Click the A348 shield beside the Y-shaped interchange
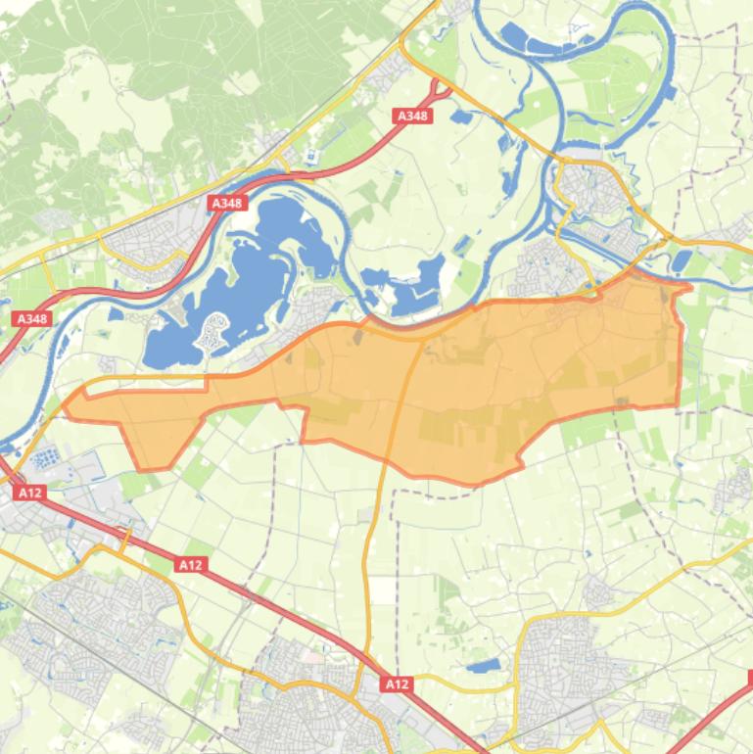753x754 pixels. click(413, 116)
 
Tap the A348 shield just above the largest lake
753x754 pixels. click(227, 203)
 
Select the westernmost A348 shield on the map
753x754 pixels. click(31, 318)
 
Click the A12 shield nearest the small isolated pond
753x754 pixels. click(397, 683)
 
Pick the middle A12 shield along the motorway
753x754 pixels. click(190, 564)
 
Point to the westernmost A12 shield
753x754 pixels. click(29, 493)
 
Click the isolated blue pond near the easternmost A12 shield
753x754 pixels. click(481, 666)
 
